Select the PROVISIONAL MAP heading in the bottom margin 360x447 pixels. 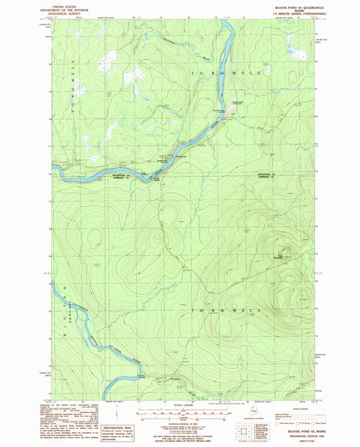point(103,409)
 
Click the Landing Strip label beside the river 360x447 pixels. point(157,180)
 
